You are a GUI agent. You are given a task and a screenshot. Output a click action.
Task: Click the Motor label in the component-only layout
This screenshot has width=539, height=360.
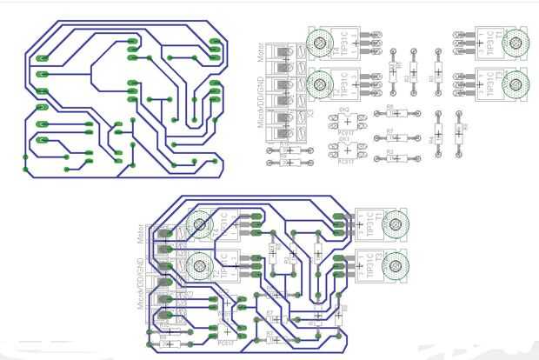click(x=262, y=58)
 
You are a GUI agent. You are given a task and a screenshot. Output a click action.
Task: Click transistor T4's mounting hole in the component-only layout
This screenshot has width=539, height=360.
click(x=318, y=42)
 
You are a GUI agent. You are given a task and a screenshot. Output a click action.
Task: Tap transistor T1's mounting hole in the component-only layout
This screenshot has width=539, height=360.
click(x=518, y=42)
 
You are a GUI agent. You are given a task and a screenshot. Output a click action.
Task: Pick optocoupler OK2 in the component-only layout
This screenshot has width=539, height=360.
click(x=343, y=122)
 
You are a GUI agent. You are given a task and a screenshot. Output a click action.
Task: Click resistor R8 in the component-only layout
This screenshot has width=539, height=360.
click(x=389, y=113)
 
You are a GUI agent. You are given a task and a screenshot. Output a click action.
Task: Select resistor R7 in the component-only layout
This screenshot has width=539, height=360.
click(x=389, y=137)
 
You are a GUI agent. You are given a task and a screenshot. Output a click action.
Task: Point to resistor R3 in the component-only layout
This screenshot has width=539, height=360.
click(x=389, y=159)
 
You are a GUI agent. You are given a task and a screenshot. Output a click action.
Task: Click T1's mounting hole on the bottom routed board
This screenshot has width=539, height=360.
click(x=396, y=224)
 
